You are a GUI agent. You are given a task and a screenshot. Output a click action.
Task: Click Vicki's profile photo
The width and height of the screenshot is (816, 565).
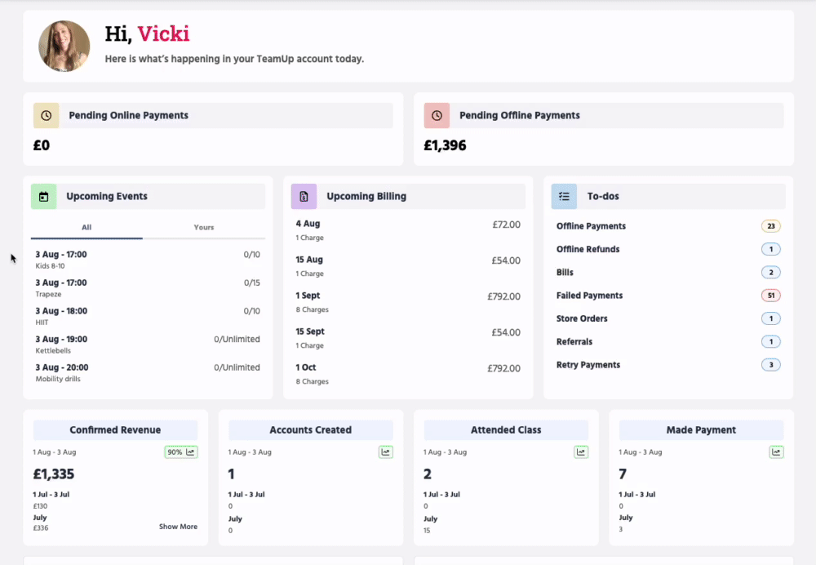click(64, 47)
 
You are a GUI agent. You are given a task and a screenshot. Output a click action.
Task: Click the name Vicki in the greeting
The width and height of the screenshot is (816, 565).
click(163, 33)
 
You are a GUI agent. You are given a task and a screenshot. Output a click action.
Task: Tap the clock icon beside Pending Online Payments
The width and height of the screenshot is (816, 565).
click(47, 116)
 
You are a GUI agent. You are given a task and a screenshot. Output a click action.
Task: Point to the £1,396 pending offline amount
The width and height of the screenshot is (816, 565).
click(445, 145)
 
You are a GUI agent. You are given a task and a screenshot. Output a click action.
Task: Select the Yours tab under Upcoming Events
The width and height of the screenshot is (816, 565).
click(204, 228)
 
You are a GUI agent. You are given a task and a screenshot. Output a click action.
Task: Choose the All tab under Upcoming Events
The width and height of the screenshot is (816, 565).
click(86, 228)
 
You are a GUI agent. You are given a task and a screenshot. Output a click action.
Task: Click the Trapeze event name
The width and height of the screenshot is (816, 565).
click(48, 294)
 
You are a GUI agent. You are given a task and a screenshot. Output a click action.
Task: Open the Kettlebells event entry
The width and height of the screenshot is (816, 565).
click(53, 350)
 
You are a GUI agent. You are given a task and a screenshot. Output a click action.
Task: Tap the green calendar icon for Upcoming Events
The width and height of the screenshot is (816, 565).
click(44, 196)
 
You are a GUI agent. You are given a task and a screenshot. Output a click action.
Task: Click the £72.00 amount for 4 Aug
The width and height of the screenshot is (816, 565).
click(507, 225)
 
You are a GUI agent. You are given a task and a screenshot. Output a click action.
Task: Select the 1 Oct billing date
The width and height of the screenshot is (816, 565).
click(306, 367)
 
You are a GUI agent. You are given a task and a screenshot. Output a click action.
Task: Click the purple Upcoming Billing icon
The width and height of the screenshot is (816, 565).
click(304, 196)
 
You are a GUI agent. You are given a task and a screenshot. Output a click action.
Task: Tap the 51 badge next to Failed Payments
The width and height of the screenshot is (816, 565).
click(771, 296)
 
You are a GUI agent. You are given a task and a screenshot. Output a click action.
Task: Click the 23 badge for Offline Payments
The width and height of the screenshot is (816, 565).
click(771, 226)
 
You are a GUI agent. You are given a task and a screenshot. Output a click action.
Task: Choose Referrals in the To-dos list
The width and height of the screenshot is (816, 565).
click(574, 341)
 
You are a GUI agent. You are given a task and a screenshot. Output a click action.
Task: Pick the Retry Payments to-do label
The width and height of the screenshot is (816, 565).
click(588, 364)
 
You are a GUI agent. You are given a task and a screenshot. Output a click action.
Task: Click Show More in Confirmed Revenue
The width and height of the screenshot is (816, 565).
click(178, 527)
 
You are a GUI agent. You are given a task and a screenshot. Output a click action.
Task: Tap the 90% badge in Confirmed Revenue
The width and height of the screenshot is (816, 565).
click(181, 452)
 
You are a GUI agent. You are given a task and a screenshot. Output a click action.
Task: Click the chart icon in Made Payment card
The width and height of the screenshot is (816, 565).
click(776, 452)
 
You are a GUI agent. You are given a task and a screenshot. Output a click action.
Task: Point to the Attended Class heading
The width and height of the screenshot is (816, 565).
click(506, 430)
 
